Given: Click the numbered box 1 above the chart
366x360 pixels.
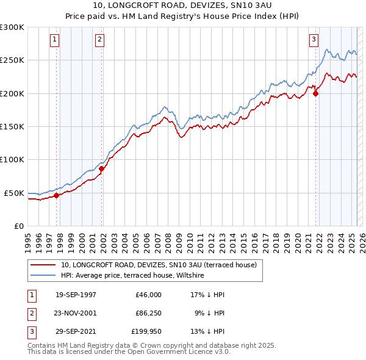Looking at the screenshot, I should pos(54,40).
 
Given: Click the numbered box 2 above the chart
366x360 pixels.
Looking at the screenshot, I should pos(99,40).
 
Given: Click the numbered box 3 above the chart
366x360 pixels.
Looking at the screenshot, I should pos(314,40).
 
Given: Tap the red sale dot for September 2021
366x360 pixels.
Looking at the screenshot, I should pos(316,93).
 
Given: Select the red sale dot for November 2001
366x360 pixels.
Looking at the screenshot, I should pos(102,169).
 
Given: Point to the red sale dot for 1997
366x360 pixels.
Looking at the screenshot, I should pos(57,195).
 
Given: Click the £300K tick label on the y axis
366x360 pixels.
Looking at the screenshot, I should pos(12,27).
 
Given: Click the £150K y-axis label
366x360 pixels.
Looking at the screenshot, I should pos(12,126).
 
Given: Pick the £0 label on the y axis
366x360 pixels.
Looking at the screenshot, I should pos(18,226).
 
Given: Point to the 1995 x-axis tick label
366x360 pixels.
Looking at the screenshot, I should pos(27,240).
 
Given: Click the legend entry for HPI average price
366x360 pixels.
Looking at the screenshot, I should pos(132,276).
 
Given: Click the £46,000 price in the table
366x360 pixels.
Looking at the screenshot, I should pos(148,294).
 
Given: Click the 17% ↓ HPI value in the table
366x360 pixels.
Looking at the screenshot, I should pos(207,294).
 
